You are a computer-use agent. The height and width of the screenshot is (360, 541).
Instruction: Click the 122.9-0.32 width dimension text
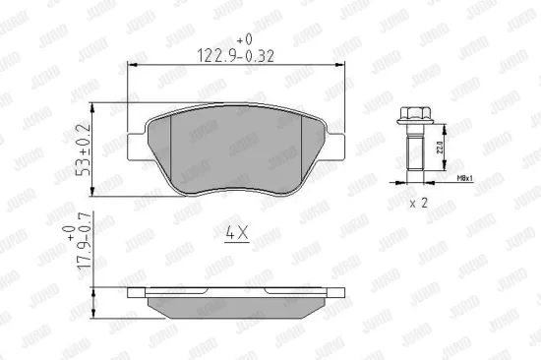[x=233, y=55]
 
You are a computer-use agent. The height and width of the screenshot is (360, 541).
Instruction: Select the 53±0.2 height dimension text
[x=85, y=149]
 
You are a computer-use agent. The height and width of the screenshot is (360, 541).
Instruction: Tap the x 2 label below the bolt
[x=418, y=203]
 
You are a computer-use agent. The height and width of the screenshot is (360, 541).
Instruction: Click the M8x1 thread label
[x=465, y=179]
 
